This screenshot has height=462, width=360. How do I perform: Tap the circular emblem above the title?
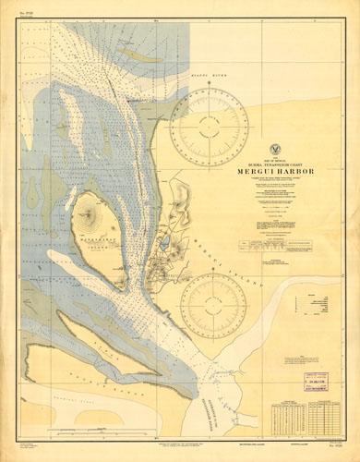point(277,149)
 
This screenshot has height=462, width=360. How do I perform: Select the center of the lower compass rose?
point(213,304)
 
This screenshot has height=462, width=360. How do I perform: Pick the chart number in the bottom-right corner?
point(339,453)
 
